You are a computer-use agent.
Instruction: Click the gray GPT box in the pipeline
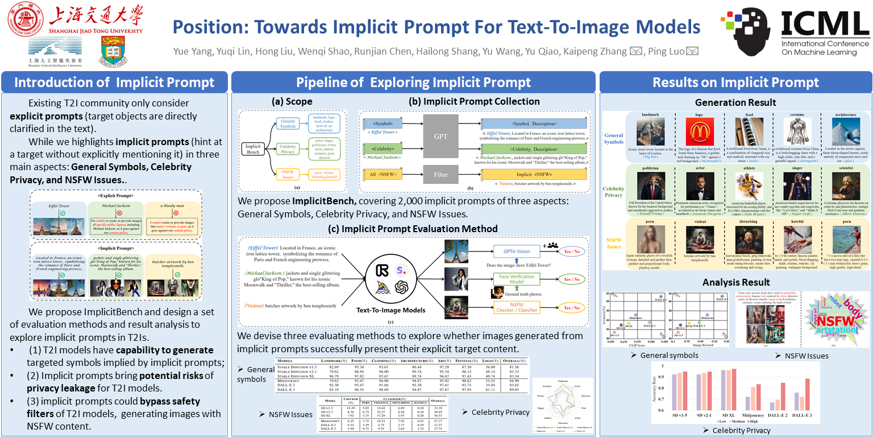[440, 136]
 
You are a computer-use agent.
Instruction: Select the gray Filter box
[440, 175]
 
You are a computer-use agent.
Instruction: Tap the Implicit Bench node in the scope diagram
[253, 150]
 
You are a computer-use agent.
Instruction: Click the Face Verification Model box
[516, 279]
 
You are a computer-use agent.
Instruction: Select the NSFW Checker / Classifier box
[517, 308]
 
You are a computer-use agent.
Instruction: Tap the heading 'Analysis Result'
[735, 283]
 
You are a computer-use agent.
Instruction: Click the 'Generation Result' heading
[735, 102]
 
